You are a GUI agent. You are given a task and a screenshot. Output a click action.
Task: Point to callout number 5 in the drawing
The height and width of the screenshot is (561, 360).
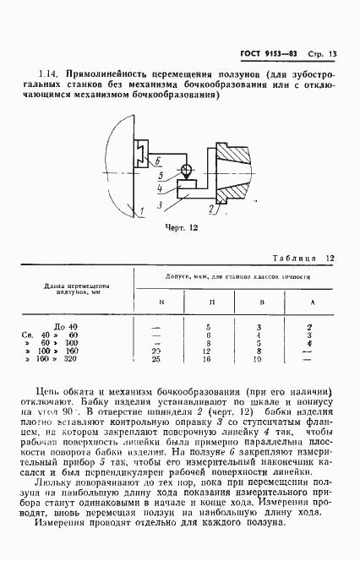[160, 177]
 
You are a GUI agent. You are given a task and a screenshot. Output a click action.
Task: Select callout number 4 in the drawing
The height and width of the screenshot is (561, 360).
[160, 188]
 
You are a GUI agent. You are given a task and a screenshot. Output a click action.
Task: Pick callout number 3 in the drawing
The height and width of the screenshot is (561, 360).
[160, 201]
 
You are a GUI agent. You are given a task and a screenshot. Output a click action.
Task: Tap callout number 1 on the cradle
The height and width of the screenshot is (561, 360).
[145, 209]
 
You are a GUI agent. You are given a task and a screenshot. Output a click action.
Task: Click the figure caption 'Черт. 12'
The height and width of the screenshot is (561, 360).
[178, 227]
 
